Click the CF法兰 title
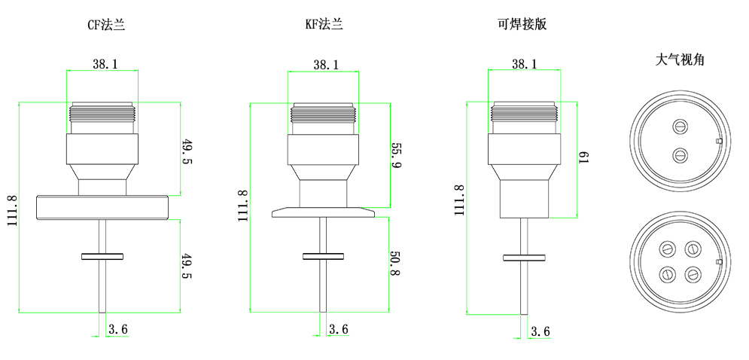106,24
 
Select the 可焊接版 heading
522,24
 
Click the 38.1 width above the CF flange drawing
105,65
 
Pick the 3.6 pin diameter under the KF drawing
339,329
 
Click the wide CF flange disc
102,207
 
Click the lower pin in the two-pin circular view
680,156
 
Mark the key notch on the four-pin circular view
719,262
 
